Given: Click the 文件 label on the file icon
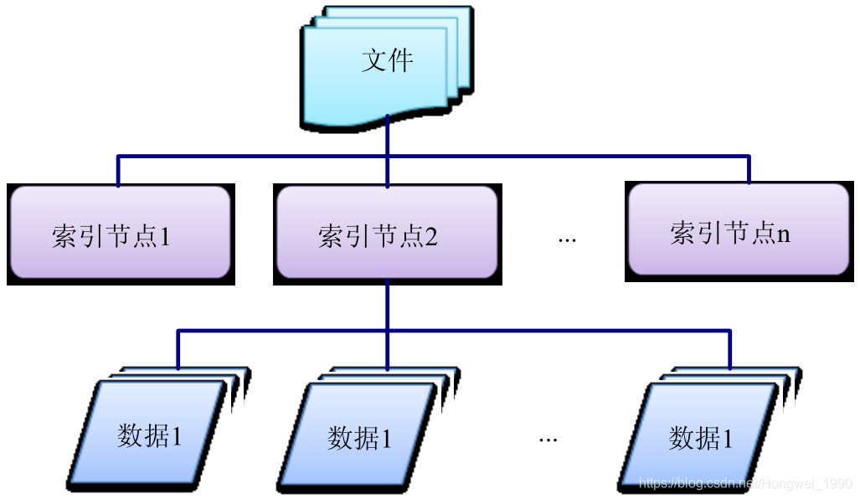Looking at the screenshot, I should [388, 60].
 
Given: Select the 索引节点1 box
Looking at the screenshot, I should [120, 232].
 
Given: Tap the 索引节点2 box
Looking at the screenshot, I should [386, 232].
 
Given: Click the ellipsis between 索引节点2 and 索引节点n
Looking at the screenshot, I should [567, 239].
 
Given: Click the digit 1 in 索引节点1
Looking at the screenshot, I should [165, 237].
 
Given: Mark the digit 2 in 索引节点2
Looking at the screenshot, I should [431, 237].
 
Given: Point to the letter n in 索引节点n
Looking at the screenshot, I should [784, 234].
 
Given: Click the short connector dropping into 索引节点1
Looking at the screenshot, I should [118, 171].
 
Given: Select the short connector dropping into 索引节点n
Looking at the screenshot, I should [749, 169].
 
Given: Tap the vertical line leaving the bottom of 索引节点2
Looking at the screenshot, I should [387, 306].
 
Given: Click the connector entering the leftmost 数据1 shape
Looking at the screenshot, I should [178, 350].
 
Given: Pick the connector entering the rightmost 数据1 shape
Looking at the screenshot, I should [729, 350].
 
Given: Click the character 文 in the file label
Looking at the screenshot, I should [374, 60].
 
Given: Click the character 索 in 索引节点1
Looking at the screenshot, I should [65, 236].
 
